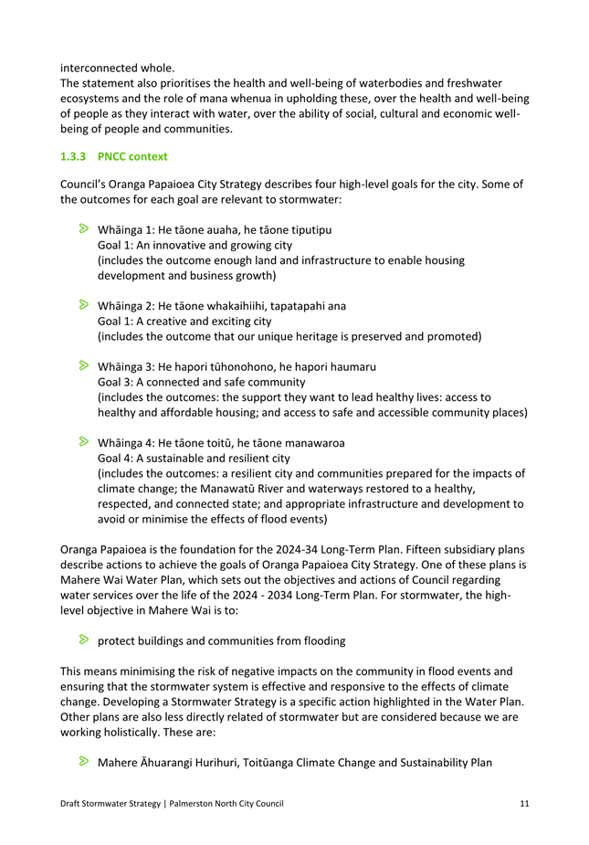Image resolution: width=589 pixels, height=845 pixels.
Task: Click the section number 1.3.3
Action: coord(73,157)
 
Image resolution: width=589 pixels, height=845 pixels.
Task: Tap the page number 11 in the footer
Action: coord(524,803)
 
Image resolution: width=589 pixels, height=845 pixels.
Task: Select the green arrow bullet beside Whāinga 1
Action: coord(83,229)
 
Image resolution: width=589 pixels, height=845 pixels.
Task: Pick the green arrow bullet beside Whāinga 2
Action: coord(83,305)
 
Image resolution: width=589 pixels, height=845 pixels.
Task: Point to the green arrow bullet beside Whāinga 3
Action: coord(83,365)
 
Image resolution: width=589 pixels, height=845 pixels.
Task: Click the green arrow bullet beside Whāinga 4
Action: coord(83,442)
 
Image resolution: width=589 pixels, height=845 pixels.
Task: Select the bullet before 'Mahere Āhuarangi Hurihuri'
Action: coord(83,761)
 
